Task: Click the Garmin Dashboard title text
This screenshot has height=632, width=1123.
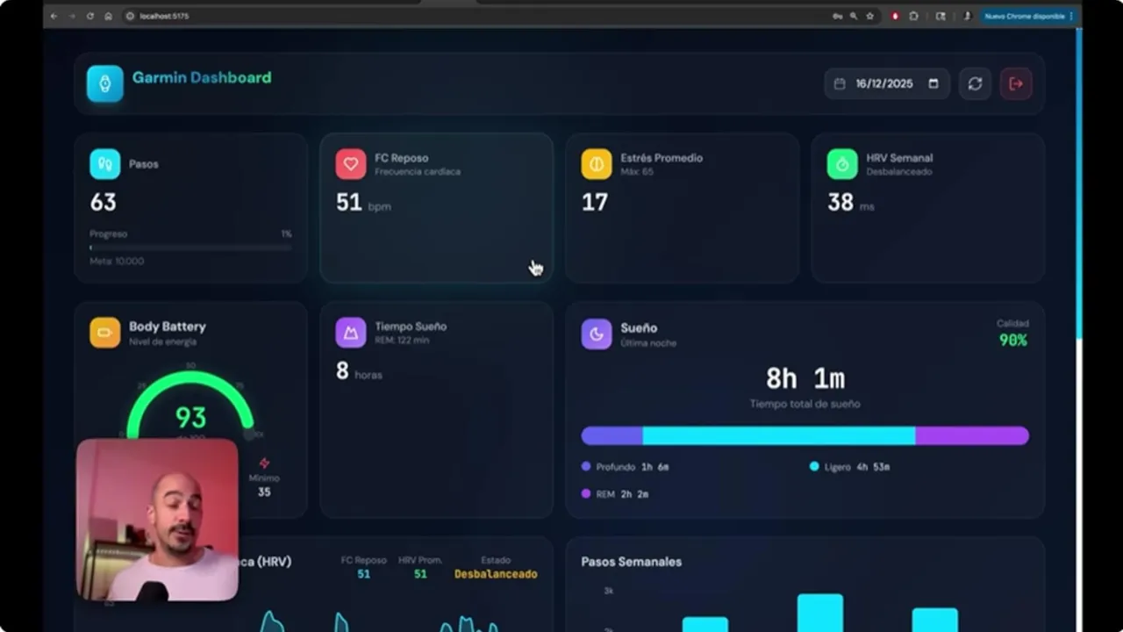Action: point(201,78)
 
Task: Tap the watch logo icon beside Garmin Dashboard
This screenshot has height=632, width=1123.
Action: point(105,83)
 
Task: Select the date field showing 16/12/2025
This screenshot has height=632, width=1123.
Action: point(886,83)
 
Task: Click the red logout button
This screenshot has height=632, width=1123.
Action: point(1016,83)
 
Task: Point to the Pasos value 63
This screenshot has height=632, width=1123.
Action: point(104,203)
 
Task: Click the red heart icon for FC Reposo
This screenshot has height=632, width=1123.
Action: point(351,164)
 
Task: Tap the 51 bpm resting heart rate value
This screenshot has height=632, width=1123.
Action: point(349,203)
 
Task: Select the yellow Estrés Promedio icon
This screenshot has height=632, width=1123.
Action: point(597,164)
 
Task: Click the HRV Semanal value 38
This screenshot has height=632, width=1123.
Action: point(840,203)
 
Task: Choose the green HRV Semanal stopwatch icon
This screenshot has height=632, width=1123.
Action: point(842,164)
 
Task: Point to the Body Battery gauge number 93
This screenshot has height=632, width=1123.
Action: point(190,418)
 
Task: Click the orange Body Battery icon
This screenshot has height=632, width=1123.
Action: point(105,333)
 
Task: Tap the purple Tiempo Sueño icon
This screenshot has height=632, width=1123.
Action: point(351,333)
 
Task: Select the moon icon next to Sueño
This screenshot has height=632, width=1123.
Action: point(597,334)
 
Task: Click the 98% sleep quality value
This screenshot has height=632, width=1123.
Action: point(1012,341)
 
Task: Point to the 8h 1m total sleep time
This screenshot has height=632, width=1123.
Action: point(805,379)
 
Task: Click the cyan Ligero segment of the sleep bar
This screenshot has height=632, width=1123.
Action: point(779,436)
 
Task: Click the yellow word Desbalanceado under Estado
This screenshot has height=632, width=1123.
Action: point(496,574)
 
